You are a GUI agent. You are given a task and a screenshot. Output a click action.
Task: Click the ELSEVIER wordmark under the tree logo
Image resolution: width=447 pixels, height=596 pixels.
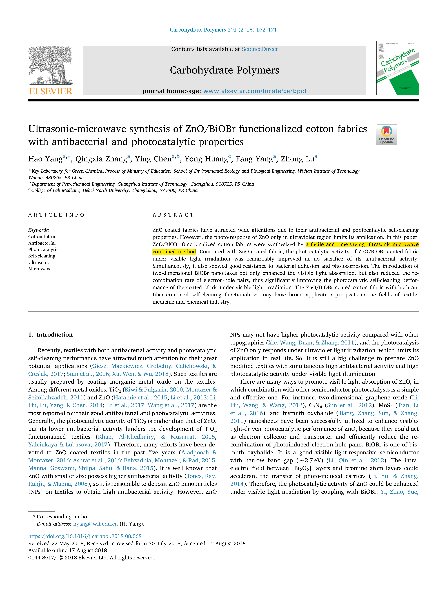click(x=51, y=91)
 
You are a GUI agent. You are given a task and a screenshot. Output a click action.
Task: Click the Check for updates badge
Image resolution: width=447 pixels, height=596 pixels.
click(x=386, y=135)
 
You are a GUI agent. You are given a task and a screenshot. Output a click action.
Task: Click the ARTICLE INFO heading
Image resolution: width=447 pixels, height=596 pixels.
click(x=56, y=215)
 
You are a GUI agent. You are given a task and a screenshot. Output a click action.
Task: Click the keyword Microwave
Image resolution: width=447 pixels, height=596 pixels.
click(x=40, y=269)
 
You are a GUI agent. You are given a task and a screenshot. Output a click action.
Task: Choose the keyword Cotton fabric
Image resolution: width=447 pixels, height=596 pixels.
click(x=42, y=237)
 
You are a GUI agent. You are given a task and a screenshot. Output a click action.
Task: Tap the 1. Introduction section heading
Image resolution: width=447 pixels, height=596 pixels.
click(x=50, y=335)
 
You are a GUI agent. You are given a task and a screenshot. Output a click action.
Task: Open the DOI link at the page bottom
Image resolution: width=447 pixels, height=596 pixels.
click(x=85, y=536)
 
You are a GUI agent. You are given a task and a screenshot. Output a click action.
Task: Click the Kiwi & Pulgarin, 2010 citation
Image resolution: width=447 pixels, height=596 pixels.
click(x=154, y=390)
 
